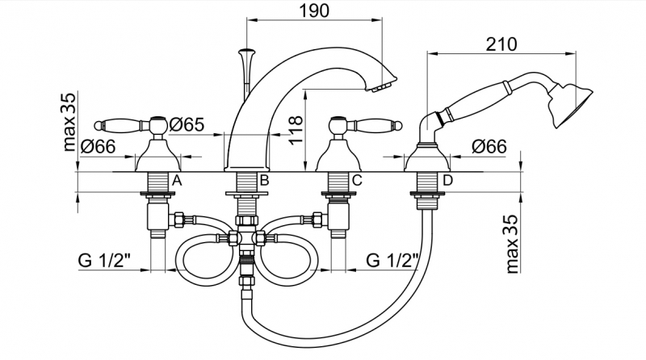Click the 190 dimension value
click(314, 10)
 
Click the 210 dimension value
click(501, 44)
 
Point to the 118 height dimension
click(296, 130)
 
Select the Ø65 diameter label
click(187, 124)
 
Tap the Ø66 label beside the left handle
click(98, 146)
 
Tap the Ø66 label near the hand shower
click(489, 146)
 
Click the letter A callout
click(177, 181)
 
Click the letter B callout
click(264, 181)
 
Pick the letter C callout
click(357, 181)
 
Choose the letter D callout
click(447, 181)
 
